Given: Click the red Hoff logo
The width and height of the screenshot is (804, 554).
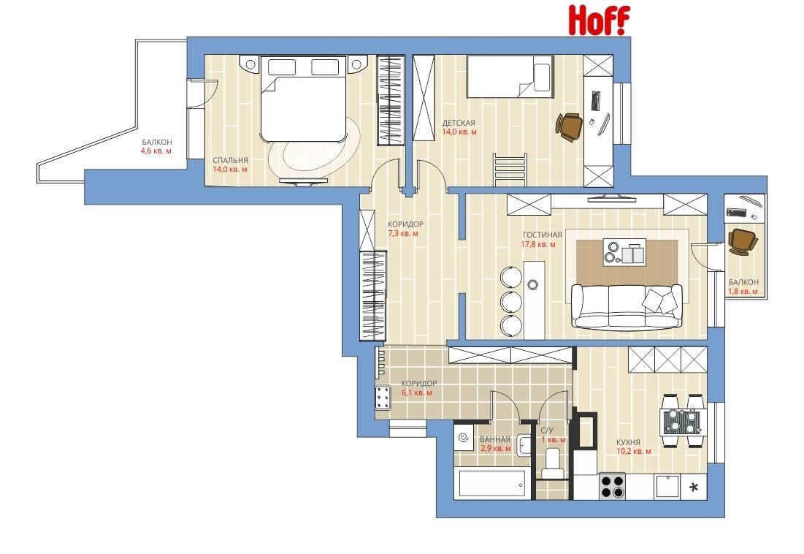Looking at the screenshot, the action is [x=599, y=20].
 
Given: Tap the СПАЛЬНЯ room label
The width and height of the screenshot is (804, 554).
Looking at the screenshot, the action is [x=230, y=160].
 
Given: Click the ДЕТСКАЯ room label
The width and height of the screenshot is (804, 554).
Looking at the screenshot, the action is [x=459, y=123].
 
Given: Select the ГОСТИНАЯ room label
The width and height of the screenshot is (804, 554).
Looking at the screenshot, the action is [x=542, y=235].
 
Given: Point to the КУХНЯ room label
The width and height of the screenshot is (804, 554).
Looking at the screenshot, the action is [x=628, y=442].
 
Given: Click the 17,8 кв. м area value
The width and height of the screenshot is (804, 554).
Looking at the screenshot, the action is [x=538, y=244].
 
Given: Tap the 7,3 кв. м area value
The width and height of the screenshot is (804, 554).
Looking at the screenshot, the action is [x=403, y=233].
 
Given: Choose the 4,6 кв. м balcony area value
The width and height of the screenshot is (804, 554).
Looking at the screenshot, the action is [x=156, y=151].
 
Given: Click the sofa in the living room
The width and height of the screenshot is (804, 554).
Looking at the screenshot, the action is [x=627, y=306].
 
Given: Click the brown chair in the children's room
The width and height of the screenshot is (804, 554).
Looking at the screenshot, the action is [x=569, y=126].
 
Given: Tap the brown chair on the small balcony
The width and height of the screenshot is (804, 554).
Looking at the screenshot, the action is [x=742, y=240].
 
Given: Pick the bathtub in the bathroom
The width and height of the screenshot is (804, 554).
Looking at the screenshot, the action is [x=491, y=485].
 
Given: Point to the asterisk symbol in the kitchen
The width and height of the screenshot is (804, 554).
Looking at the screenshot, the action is [x=694, y=487].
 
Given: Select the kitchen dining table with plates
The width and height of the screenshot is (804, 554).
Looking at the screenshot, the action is [x=681, y=421].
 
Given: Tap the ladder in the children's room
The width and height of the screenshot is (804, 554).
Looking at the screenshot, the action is [x=510, y=170].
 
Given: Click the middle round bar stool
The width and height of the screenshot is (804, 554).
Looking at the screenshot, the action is [x=511, y=302].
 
